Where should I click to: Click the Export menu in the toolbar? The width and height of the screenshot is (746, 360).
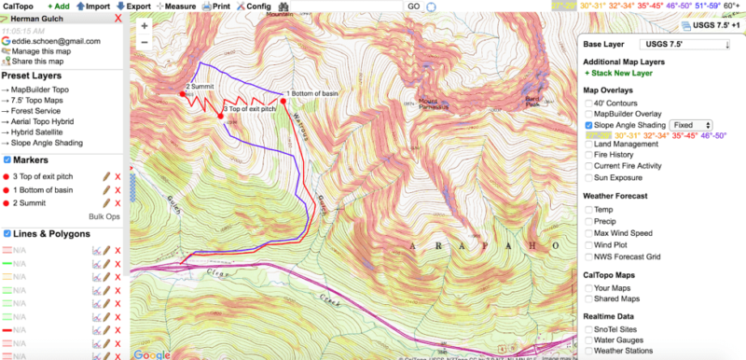134,6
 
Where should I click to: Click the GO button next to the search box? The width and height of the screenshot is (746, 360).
413,6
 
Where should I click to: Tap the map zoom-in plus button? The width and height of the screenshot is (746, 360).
145,26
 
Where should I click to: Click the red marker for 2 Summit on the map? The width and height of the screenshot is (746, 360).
182,93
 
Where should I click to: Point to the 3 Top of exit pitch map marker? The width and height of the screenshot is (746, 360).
220,116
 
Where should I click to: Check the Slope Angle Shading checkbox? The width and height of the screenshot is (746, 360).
587,124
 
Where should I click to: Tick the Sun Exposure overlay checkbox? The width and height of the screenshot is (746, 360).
587,176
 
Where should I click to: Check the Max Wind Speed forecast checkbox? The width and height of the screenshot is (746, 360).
587,232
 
